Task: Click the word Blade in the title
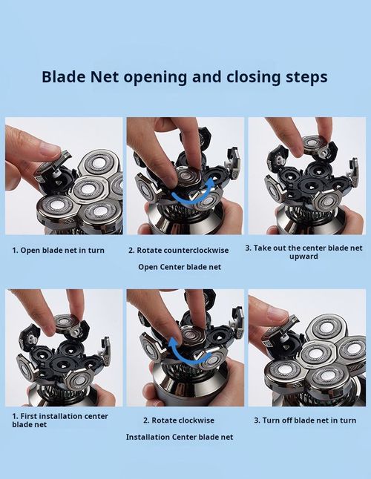[x=63, y=76]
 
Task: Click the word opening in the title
[x=155, y=78]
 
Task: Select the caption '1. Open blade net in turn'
[x=59, y=250]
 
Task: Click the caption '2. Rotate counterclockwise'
[x=179, y=250]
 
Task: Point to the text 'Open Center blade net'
[x=180, y=267]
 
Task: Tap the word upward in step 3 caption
[x=303, y=257]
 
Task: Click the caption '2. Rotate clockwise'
[x=179, y=420]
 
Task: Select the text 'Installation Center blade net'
[x=180, y=437]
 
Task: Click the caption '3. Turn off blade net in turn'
[x=305, y=420]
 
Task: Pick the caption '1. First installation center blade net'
[x=60, y=420]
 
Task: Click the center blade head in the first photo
[x=88, y=190]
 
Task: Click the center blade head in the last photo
[x=316, y=354]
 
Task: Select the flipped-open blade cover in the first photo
[x=54, y=164]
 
